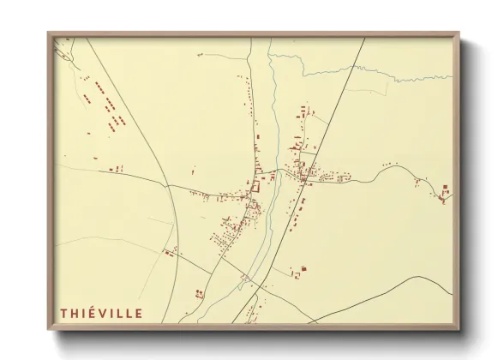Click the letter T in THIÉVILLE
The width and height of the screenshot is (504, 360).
(x=63, y=312)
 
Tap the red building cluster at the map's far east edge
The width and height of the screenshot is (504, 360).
(x=445, y=194)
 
